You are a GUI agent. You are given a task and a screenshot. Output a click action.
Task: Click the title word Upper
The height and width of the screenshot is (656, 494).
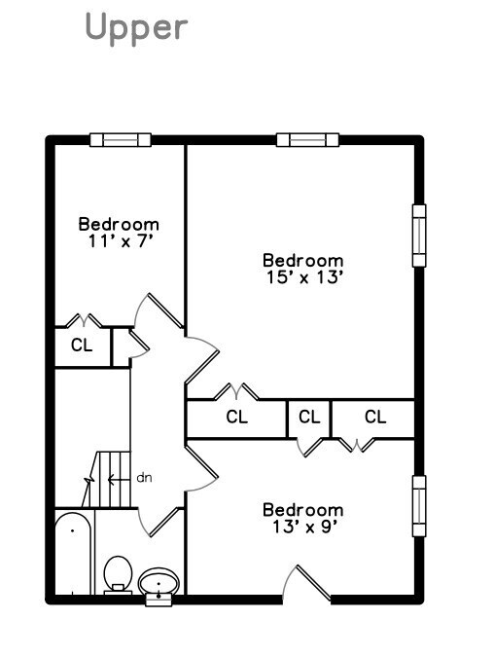point(136,28)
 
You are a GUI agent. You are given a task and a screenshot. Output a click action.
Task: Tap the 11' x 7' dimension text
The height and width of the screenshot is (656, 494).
point(119,241)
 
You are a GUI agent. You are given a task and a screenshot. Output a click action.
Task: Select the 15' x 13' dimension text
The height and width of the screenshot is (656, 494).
point(304,277)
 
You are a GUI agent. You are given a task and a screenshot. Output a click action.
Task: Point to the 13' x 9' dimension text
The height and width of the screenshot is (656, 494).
point(304,527)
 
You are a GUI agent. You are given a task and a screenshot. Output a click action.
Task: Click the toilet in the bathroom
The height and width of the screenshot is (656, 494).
point(119,574)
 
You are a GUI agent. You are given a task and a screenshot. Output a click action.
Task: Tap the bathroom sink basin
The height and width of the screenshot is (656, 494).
point(159,581)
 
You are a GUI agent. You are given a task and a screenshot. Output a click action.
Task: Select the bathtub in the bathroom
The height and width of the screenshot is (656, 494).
point(73,553)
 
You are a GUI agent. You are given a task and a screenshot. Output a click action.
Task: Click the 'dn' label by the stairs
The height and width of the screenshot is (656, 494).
point(144,478)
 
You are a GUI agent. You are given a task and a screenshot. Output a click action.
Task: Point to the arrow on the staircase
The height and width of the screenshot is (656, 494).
point(119,479)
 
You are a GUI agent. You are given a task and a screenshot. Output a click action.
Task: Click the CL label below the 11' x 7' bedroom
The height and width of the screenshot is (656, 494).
point(82,346)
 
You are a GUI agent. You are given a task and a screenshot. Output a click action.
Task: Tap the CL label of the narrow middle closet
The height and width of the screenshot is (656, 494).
point(309,417)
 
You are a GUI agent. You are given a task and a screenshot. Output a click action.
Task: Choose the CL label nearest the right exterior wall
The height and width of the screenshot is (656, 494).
point(375,417)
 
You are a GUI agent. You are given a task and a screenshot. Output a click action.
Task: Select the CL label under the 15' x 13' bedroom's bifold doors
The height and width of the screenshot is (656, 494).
point(237,417)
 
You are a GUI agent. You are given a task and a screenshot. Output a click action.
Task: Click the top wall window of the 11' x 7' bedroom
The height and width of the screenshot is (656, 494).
point(121,140)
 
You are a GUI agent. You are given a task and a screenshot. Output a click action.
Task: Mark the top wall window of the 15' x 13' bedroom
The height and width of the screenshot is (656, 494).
point(307,140)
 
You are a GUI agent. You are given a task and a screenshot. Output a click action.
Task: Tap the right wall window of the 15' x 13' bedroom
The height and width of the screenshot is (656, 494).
point(419,236)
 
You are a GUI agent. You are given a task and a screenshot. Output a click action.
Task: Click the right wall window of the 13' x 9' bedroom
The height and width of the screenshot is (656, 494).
point(419,506)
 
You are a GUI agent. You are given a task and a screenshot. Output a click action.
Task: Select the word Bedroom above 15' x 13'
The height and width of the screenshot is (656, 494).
point(303,260)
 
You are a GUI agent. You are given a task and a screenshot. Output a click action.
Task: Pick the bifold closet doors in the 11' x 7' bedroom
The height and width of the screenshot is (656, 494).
point(85,321)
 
